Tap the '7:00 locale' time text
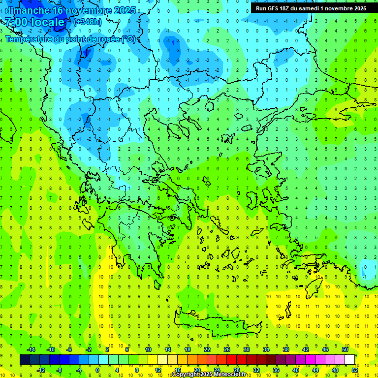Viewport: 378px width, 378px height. (35, 22)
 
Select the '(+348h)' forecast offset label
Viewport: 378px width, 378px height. (87, 22)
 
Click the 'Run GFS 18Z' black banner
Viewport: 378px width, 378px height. (311, 8)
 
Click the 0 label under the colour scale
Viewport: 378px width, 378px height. (97, 370)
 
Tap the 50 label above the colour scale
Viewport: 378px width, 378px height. (345, 349)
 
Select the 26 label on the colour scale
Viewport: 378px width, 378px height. (227, 349)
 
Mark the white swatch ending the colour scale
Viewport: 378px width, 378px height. (349, 360)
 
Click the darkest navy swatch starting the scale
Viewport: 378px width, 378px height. (25, 360)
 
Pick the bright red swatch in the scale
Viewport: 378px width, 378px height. (231, 360)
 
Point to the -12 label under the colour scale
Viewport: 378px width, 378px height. (41, 370)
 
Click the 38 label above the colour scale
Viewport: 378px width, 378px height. (286, 349)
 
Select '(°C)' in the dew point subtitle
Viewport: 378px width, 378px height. (127, 39)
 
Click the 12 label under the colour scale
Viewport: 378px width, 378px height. (158, 370)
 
